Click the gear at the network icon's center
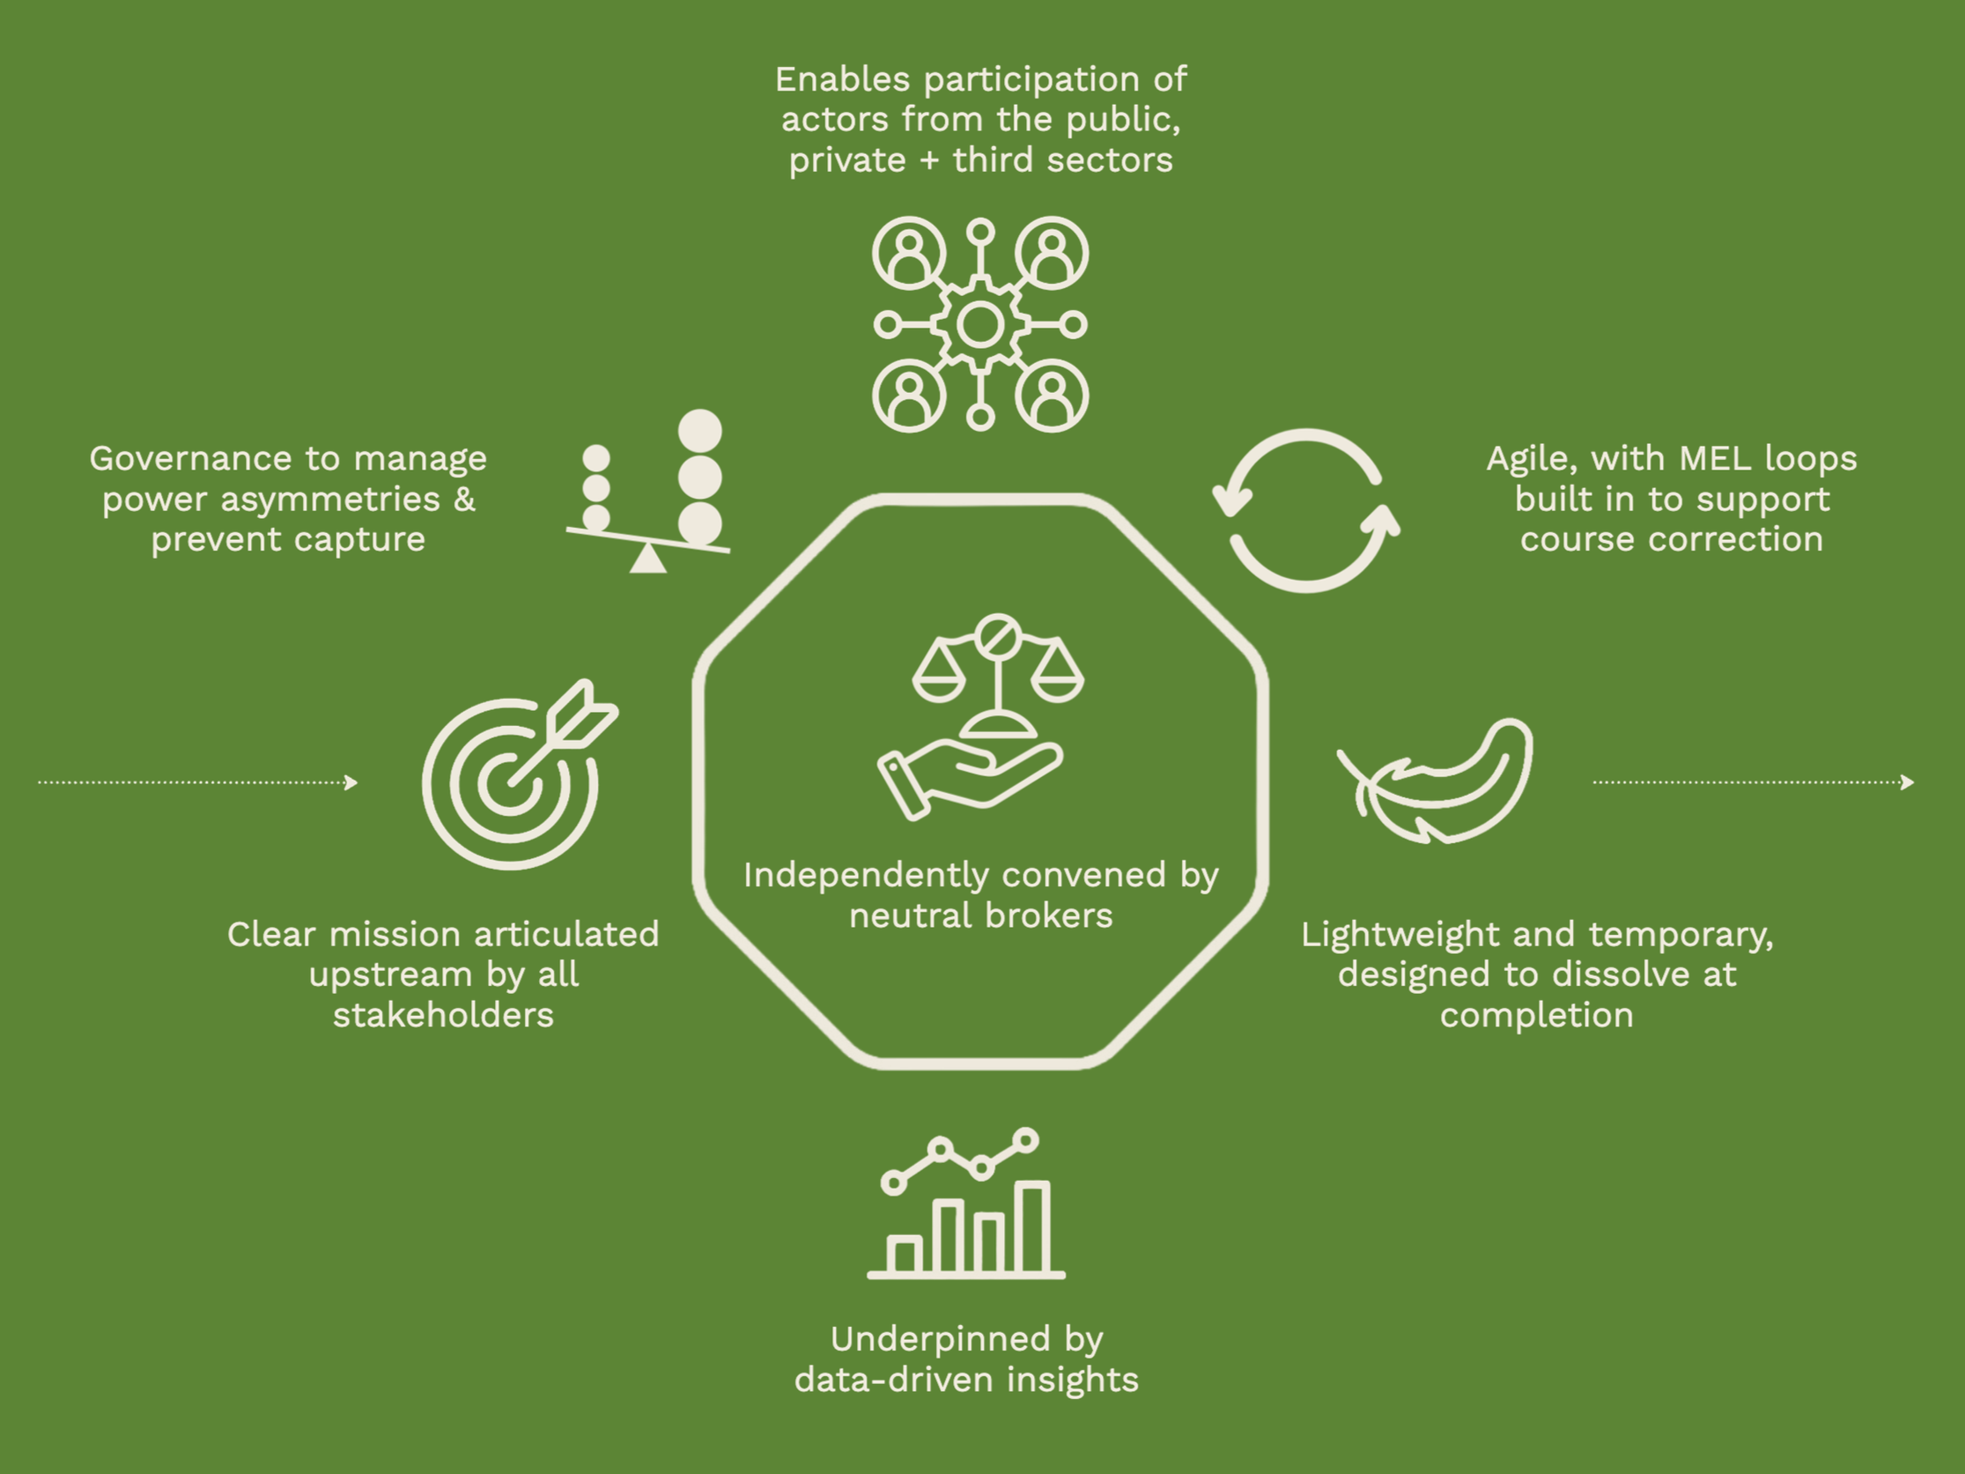coord(979,324)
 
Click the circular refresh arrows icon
coord(1306,510)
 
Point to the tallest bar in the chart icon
coord(1032,1228)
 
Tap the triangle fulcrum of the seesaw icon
coord(647,559)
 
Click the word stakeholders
coord(443,1016)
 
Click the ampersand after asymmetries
coord(463,500)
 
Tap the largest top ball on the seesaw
coord(700,431)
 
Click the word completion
coord(1536,1016)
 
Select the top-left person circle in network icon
coord(908,253)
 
